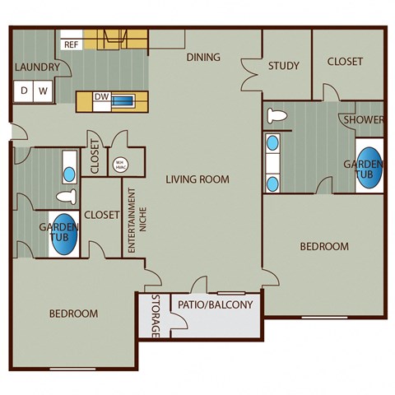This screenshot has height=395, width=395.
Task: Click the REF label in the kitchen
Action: (71, 45)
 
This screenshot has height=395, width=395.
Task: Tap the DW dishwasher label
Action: (101, 97)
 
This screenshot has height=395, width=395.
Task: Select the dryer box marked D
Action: (25, 91)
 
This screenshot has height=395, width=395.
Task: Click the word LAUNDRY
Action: (35, 67)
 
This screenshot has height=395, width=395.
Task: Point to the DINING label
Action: (202, 58)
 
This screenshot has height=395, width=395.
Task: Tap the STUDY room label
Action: (283, 66)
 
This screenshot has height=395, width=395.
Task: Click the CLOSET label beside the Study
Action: (345, 62)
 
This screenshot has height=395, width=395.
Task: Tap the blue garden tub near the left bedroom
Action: (65, 235)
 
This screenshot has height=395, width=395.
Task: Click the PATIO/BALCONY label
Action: (216, 305)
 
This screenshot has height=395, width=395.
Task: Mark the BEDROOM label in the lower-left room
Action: (73, 314)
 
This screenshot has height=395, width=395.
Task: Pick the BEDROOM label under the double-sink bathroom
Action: (323, 246)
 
